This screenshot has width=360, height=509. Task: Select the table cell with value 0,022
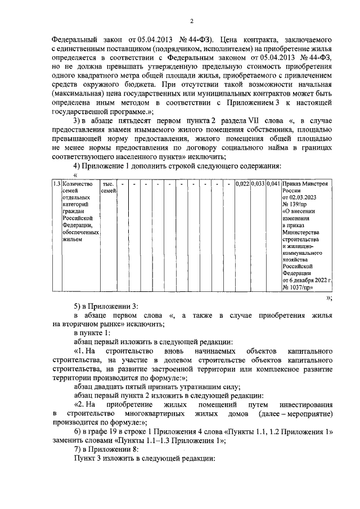coord(242,184)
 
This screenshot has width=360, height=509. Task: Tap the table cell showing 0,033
coord(258,184)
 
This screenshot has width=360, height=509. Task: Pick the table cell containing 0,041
coord(273,184)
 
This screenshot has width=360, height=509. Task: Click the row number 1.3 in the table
coord(56,184)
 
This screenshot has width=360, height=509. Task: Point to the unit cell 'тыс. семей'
coord(108,188)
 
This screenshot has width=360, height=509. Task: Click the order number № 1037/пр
coord(298,286)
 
